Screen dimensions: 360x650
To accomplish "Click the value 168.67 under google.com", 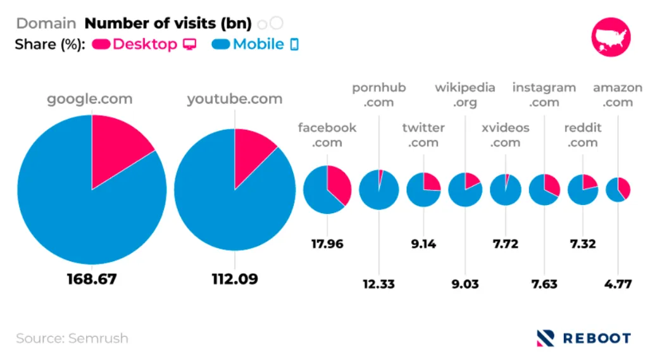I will [x=92, y=278].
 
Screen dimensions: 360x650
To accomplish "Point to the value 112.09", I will [x=235, y=278].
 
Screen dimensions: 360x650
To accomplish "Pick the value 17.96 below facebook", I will [x=327, y=243].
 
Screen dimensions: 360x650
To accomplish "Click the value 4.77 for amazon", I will [x=617, y=283].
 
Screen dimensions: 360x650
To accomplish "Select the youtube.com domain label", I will [x=234, y=99].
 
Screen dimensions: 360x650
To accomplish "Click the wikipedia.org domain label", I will [x=465, y=94].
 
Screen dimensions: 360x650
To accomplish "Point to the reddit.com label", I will [x=582, y=135].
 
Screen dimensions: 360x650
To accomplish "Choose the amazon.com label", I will [x=617, y=94].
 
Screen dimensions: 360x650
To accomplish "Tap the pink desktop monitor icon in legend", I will [x=189, y=44].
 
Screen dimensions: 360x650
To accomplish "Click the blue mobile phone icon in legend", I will [x=294, y=44].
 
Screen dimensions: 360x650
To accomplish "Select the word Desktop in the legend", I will [x=145, y=44].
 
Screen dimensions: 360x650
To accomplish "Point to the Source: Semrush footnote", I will [x=72, y=338].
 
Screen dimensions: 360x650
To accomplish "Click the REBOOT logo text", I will [x=596, y=338].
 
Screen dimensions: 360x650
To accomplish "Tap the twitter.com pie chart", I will [x=423, y=190].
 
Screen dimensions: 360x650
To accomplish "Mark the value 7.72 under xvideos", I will [x=506, y=243].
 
